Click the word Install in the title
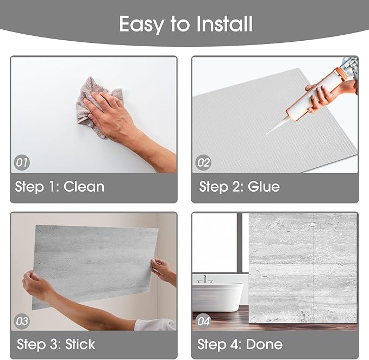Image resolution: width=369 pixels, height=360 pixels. pos(224,24)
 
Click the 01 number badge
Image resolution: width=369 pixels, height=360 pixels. pos(22,162)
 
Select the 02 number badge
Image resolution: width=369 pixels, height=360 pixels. pos(203,162)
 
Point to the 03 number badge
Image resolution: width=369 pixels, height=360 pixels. pos(22,321)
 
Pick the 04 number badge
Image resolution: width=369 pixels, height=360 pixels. pos(203,321)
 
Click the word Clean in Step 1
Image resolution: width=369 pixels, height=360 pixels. pos(84,187)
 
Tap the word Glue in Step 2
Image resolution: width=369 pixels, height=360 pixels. pos(264,187)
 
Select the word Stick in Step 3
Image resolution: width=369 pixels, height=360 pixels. pos(80,344)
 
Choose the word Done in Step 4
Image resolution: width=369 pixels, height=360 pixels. pos(264,344)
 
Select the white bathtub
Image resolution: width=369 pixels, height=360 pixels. pos(218,297)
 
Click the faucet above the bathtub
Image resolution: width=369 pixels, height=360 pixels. pos(205,278)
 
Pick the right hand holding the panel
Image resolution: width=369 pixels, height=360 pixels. pos(163,270)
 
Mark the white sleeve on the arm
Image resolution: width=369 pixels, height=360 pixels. pos(155,325)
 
